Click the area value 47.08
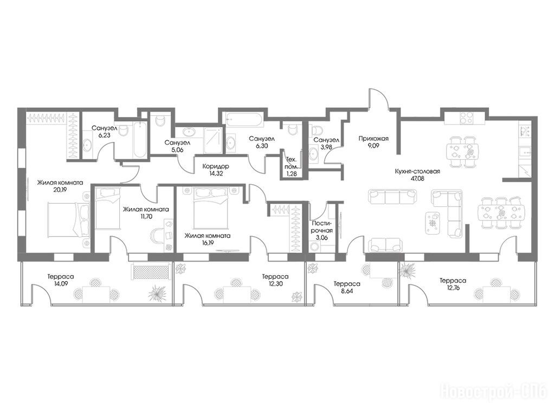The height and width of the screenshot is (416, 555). click(x=417, y=179)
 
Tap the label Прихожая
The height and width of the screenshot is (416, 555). click(x=373, y=138)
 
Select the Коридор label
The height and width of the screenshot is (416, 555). click(x=215, y=166)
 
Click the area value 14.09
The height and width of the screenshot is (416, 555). click(x=56, y=283)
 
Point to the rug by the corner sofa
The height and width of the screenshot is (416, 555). click(x=432, y=223)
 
